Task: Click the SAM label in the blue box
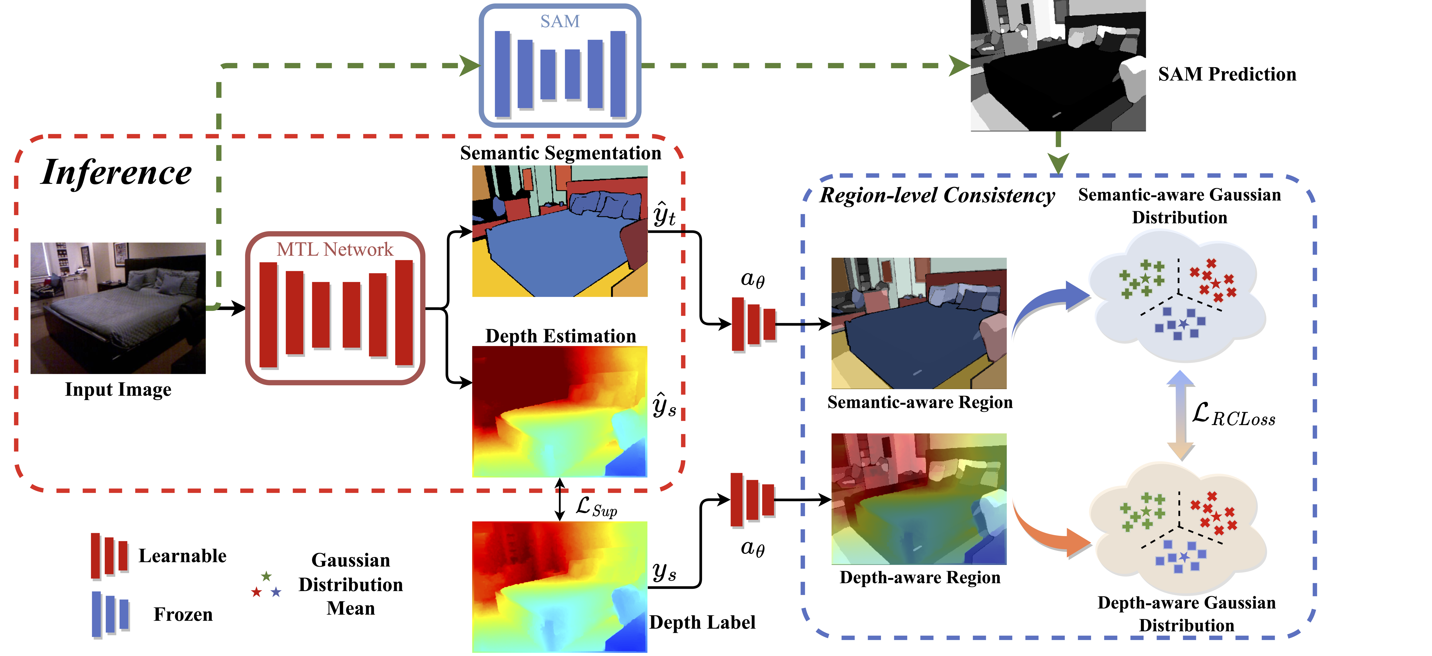pos(560,21)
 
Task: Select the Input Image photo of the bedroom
pos(118,308)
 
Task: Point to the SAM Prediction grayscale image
pos(1058,65)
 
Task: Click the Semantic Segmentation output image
pos(560,231)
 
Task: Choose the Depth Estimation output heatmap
pos(560,412)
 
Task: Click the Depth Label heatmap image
pos(560,587)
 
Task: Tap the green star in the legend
pos(266,576)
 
